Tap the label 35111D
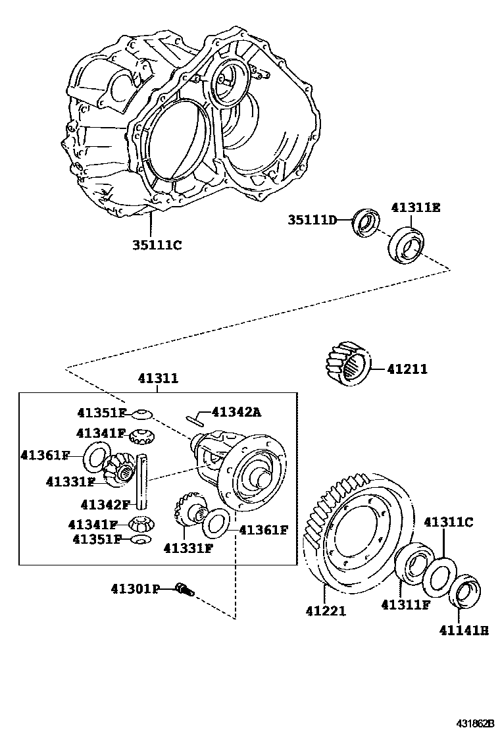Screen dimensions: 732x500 pos(311,219)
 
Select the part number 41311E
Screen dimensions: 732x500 pos(415,207)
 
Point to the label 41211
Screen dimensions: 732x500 pos(407,369)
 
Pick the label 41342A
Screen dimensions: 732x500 pos(238,412)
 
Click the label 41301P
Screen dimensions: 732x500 pos(135,589)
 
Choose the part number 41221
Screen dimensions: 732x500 pos(325,611)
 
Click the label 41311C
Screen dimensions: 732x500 pos(448,522)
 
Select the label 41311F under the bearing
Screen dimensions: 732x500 pos(407,604)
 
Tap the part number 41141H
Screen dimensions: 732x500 pos(464,630)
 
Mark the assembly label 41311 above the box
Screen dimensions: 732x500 pos(158,379)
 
